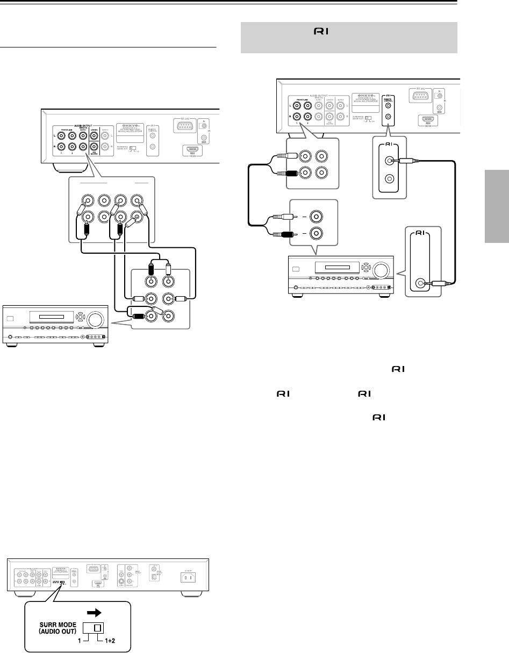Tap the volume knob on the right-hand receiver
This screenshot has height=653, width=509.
tap(382, 270)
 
